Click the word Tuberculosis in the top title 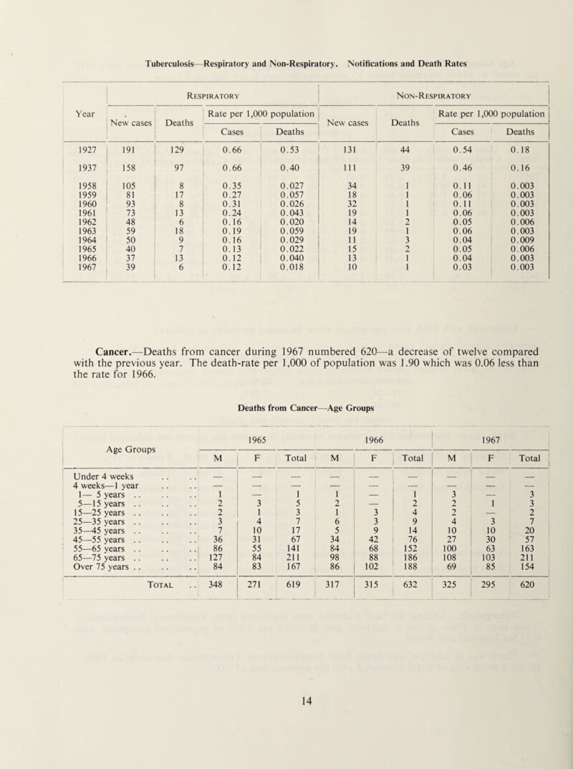(x=178, y=63)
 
